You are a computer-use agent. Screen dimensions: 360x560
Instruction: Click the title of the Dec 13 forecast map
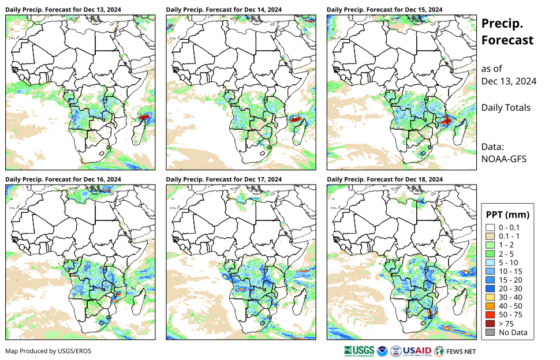click(x=63, y=10)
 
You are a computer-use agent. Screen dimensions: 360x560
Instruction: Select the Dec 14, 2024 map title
click(x=223, y=10)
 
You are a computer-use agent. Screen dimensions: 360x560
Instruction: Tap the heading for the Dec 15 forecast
click(x=384, y=10)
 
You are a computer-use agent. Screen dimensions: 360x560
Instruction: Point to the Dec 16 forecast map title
click(x=63, y=179)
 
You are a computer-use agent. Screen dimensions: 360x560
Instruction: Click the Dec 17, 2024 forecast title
click(x=223, y=179)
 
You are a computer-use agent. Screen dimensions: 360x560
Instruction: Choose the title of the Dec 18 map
click(x=384, y=179)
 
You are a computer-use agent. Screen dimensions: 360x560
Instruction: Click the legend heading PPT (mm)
click(x=507, y=215)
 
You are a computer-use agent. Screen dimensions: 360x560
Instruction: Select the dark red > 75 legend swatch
click(x=490, y=324)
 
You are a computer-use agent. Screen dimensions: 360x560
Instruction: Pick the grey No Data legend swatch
click(x=490, y=332)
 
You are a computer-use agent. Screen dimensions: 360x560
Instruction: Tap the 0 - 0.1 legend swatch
click(x=490, y=227)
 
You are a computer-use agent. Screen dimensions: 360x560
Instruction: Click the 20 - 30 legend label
click(x=510, y=288)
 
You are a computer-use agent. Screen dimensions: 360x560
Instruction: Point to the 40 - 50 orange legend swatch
click(x=490, y=306)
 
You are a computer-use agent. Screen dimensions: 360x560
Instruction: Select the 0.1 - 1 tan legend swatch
click(x=490, y=236)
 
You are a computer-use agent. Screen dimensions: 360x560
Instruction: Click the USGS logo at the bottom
click(x=357, y=350)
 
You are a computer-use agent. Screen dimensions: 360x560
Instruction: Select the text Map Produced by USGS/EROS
click(x=48, y=351)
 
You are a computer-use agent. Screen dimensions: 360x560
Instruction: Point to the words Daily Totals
click(x=506, y=108)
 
